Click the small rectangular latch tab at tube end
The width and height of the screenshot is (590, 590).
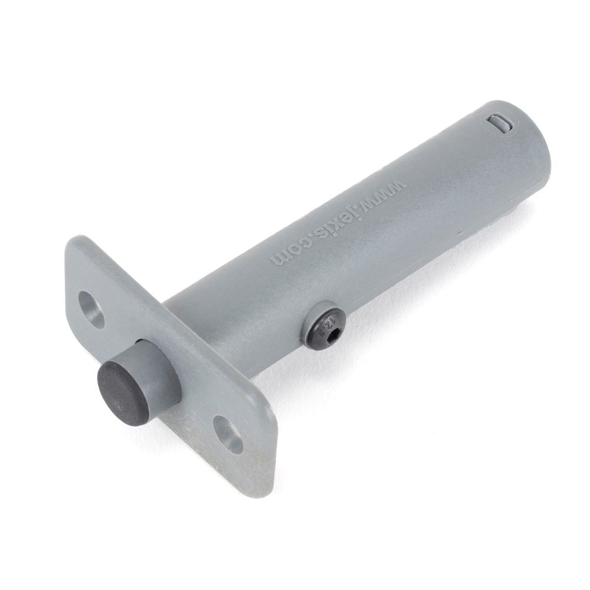click(500, 122)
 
